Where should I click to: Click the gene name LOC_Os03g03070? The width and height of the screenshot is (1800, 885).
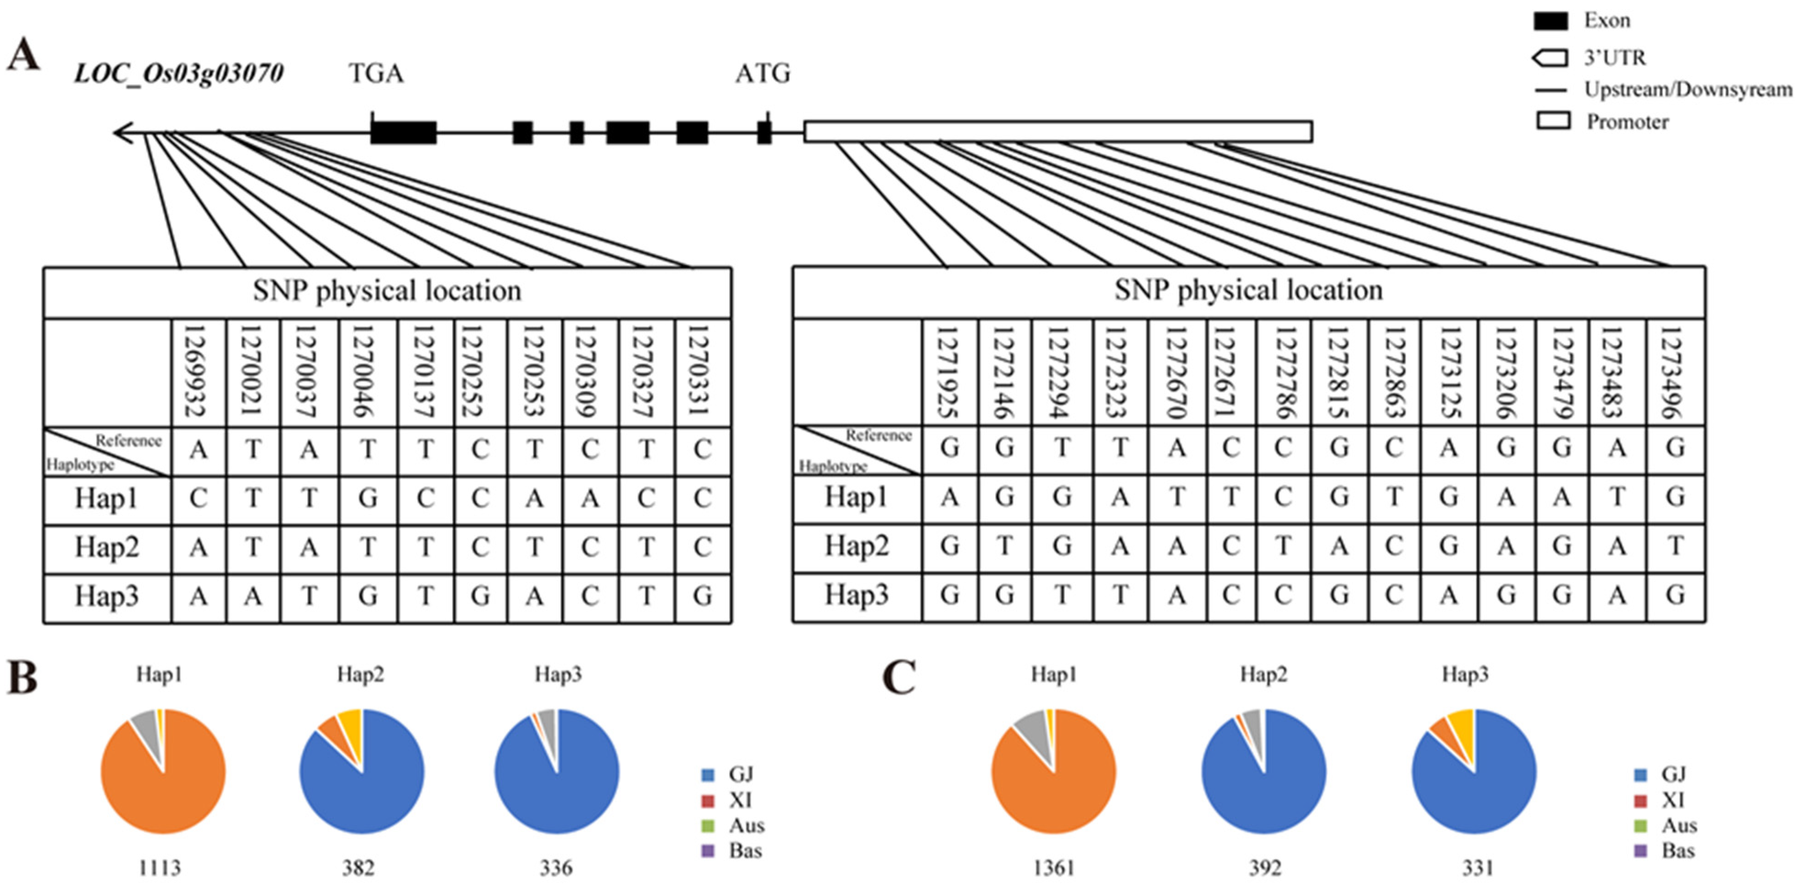179,73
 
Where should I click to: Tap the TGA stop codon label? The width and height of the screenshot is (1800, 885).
376,73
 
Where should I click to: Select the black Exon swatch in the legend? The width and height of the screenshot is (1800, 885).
1550,21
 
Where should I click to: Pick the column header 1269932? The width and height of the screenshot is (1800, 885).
199,371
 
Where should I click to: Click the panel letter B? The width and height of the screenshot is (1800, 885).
22,678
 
